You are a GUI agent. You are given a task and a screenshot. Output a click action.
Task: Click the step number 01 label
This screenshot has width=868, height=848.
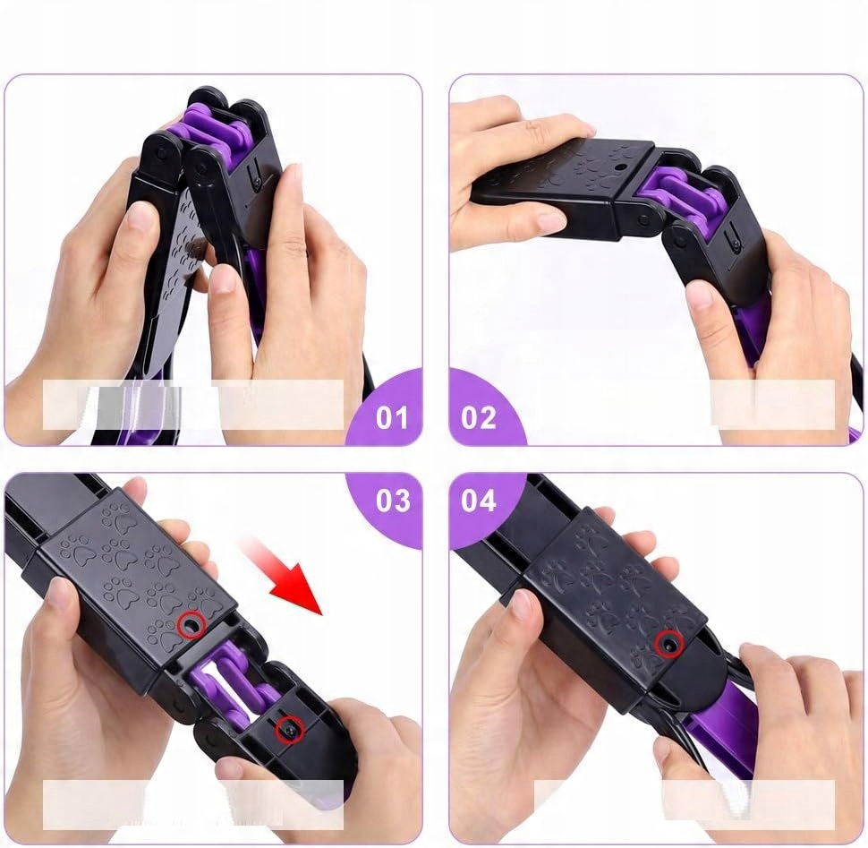click(392, 417)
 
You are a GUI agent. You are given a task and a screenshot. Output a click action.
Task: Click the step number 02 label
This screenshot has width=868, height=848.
click(479, 417)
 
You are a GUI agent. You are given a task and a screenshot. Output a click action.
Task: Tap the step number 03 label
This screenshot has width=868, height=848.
click(393, 501)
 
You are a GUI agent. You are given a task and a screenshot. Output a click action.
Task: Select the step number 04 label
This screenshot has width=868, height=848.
click(478, 501)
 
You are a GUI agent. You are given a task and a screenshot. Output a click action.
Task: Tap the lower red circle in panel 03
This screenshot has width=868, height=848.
click(290, 730)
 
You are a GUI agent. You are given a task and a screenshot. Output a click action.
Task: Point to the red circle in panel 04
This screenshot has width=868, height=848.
click(668, 644)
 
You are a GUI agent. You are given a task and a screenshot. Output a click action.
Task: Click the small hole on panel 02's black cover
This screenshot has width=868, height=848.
click(619, 167)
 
